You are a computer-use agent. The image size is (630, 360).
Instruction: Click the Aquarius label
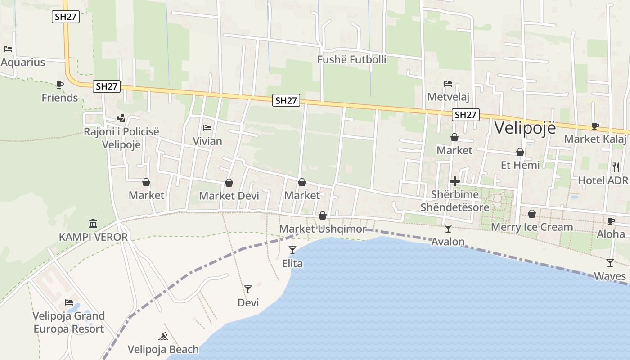pyautogui.click(x=23, y=62)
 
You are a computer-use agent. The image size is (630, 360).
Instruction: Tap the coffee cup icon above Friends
pyautogui.click(x=59, y=85)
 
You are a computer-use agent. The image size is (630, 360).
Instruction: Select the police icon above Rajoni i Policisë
pyautogui.click(x=121, y=118)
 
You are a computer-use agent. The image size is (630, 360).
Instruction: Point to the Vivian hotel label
pyautogui.click(x=207, y=141)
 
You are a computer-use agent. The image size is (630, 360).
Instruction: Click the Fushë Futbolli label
pyautogui.click(x=352, y=59)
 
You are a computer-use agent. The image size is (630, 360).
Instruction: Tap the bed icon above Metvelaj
pyautogui.click(x=448, y=84)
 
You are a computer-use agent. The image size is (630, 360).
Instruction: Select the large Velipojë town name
pyautogui.click(x=525, y=127)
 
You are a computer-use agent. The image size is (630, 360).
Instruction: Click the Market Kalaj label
pyautogui.click(x=595, y=139)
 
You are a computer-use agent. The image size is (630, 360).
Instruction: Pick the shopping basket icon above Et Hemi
pyautogui.click(x=520, y=153)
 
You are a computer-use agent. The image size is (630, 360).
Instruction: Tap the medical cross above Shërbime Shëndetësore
pyautogui.click(x=454, y=182)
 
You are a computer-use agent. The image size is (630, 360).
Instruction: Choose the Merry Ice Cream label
pyautogui.click(x=532, y=227)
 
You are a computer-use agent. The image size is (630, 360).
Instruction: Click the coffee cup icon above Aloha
pyautogui.click(x=611, y=221)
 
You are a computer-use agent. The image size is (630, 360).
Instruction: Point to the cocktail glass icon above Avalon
pyautogui.click(x=448, y=229)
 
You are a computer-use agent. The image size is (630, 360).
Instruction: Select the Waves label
pyautogui.click(x=610, y=276)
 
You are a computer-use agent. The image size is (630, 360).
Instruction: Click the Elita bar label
pyautogui.click(x=292, y=263)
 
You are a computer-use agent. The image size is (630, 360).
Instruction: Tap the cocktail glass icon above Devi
pyautogui.click(x=248, y=289)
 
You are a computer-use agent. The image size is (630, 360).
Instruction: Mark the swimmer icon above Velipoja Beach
pyautogui.click(x=163, y=336)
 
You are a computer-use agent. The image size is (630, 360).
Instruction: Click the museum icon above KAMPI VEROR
pyautogui.click(x=93, y=224)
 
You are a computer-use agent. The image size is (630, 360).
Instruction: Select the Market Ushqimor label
pyautogui.click(x=323, y=229)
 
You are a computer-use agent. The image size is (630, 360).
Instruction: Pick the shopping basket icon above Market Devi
pyautogui.click(x=229, y=183)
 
